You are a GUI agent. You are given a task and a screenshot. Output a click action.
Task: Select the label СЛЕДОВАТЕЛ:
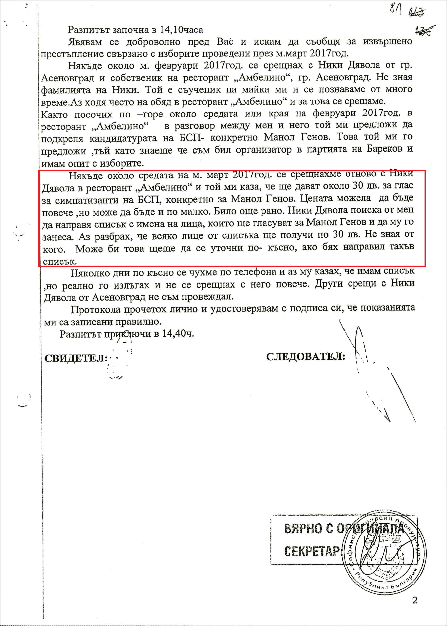305,357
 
